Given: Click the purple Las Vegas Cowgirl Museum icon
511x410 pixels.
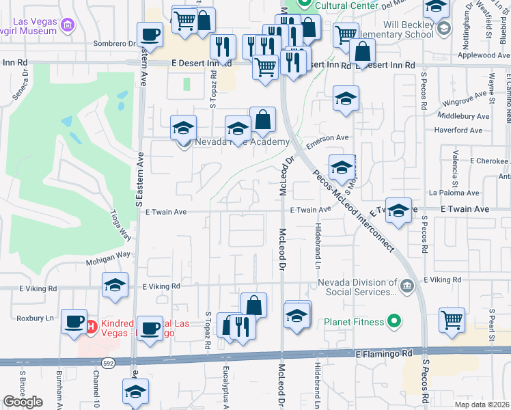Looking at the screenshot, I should pyautogui.click(x=67, y=27).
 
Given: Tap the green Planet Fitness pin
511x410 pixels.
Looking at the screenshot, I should pyautogui.click(x=393, y=320).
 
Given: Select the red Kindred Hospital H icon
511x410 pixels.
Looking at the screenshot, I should pyautogui.click(x=92, y=326).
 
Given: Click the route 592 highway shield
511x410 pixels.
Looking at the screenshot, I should pyautogui.click(x=108, y=362).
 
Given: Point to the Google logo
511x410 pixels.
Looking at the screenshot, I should pyautogui.click(x=23, y=402).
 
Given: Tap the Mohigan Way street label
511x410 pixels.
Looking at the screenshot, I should pyautogui.click(x=108, y=256).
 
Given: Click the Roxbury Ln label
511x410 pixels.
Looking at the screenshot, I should pyautogui.click(x=35, y=318).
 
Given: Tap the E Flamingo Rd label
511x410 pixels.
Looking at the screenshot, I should pyautogui.click(x=385, y=354).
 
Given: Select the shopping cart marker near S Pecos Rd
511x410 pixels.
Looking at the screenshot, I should pyautogui.click(x=452, y=320).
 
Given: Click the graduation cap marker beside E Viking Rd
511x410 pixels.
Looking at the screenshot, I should pyautogui.click(x=115, y=286).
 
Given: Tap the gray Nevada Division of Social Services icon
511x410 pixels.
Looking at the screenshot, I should pyautogui.click(x=407, y=285).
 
